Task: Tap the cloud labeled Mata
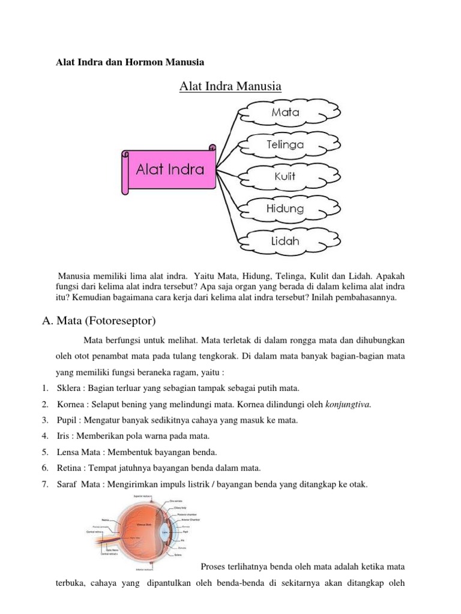pos(285,112)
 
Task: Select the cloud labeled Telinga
pos(285,145)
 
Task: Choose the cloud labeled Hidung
pos(285,209)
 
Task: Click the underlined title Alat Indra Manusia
pos(230,86)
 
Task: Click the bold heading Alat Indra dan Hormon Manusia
pos(130,62)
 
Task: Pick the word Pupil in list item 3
pos(67,420)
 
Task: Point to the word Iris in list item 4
pos(64,435)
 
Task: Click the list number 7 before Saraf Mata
pos(45,483)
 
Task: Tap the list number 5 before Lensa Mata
pos(45,452)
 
